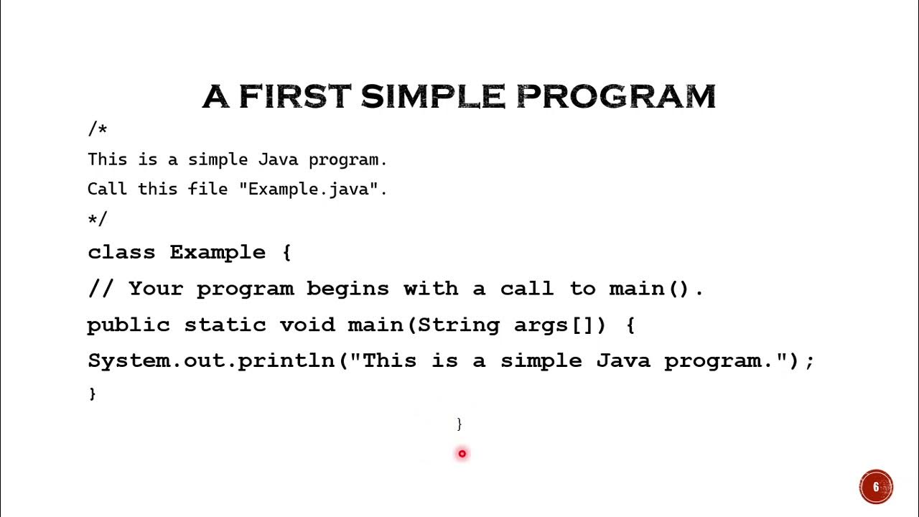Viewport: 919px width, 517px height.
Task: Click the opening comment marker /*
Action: pyautogui.click(x=97, y=129)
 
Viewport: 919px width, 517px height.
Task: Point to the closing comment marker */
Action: pyautogui.click(x=97, y=218)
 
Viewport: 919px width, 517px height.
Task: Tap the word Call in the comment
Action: pyautogui.click(x=108, y=189)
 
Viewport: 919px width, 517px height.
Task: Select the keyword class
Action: pyautogui.click(x=121, y=253)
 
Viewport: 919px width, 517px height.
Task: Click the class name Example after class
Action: pyautogui.click(x=217, y=253)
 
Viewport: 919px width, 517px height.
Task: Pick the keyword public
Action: pyautogui.click(x=128, y=325)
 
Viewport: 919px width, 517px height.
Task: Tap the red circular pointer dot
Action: pyautogui.click(x=462, y=453)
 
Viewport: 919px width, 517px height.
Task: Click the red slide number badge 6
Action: pyautogui.click(x=876, y=487)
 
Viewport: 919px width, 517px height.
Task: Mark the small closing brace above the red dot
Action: pyautogui.click(x=459, y=424)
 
